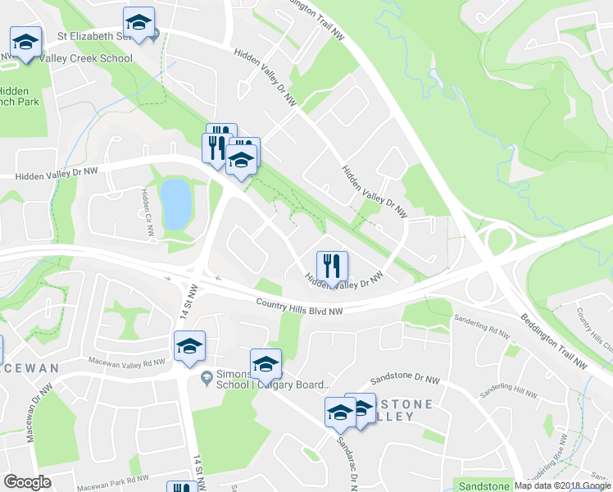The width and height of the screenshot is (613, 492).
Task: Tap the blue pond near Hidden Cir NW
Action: [x=175, y=203]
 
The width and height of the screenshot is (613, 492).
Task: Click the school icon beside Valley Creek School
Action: [x=25, y=43]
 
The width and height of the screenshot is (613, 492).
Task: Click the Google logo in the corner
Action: [x=28, y=482]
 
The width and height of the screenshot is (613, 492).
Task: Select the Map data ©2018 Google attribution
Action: [x=562, y=485]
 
